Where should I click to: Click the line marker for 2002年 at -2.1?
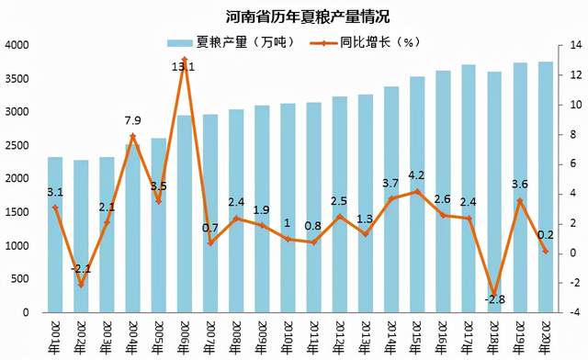(x=81, y=285)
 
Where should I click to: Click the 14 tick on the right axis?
(x=576, y=45)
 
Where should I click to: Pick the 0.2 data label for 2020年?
(x=545, y=235)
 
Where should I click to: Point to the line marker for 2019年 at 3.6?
(x=519, y=200)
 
